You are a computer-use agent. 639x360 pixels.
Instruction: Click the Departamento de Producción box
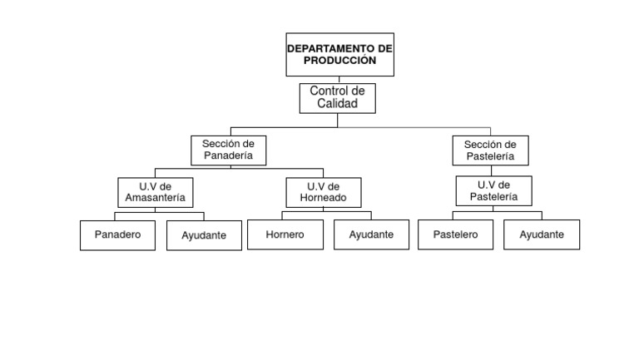[339, 55]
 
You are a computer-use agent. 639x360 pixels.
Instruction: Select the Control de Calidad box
[337, 98]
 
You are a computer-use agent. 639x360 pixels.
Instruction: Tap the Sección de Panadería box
[228, 150]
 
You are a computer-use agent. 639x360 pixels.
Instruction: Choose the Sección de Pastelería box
[490, 150]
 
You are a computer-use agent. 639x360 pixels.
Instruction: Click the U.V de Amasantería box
[155, 192]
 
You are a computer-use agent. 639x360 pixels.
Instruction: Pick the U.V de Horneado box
[323, 192]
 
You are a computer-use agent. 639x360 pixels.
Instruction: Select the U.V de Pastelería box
[493, 190]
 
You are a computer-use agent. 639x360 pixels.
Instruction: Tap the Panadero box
[117, 235]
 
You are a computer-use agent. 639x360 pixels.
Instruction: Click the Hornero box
[285, 235]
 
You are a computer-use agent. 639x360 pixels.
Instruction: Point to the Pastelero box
[455, 235]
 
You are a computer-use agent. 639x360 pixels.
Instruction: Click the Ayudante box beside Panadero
[203, 235]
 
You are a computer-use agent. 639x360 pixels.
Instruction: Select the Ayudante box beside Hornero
[371, 235]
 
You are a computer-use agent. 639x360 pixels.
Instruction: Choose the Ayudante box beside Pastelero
[542, 235]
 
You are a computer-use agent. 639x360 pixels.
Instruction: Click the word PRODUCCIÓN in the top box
[339, 61]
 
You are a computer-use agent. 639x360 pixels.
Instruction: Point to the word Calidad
[337, 105]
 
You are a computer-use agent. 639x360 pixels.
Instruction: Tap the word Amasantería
[155, 199]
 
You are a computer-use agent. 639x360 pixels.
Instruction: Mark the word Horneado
[323, 199]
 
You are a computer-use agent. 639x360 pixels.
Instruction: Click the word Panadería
[228, 156]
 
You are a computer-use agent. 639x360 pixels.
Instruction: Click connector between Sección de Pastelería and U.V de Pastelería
[493, 170]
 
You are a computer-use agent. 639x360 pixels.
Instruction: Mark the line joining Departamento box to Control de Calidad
[339, 80]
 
